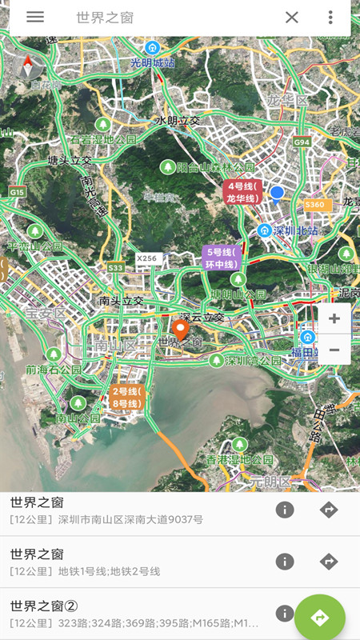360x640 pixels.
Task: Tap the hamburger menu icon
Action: (x=35, y=17)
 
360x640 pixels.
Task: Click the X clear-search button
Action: (x=292, y=18)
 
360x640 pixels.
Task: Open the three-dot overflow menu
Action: (x=330, y=18)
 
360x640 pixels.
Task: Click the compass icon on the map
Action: (x=31, y=71)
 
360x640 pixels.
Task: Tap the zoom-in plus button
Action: (x=334, y=318)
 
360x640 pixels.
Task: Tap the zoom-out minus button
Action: (x=334, y=350)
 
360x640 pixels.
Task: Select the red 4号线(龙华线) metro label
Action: (x=242, y=193)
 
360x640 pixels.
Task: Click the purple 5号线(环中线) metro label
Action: (x=221, y=258)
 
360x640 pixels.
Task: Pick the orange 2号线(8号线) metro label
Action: (x=126, y=397)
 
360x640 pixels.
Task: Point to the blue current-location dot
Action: (x=277, y=193)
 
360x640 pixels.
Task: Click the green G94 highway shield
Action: (x=301, y=142)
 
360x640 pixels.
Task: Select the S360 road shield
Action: (x=315, y=205)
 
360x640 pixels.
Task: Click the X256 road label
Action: (x=147, y=258)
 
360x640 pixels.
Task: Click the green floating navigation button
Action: (x=320, y=617)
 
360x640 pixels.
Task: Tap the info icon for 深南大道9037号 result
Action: (x=285, y=510)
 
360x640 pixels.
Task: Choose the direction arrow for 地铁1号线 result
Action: (x=329, y=562)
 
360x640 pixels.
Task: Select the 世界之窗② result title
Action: (x=44, y=606)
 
